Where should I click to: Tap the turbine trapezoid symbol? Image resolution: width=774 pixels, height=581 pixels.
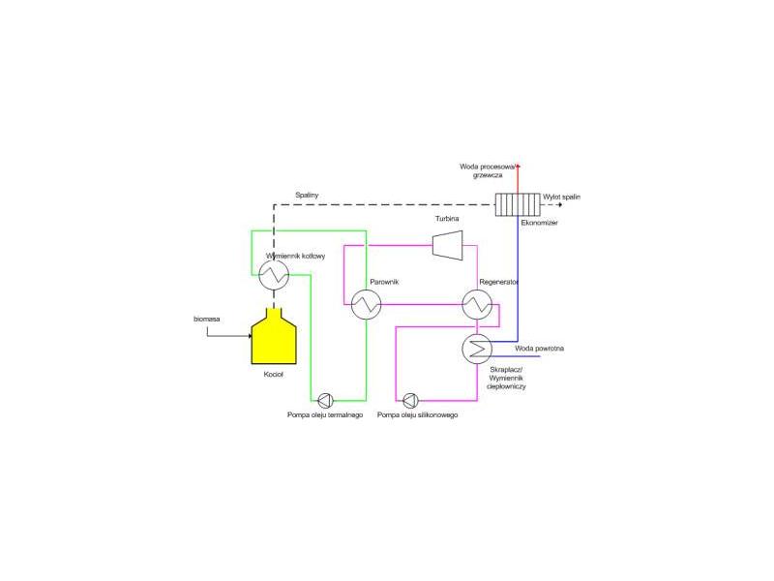point(448,245)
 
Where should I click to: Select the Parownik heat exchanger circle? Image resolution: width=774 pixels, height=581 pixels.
point(367,304)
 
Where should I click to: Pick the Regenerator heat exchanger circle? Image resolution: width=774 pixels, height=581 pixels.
point(477,304)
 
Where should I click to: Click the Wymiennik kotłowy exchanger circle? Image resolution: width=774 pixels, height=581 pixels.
point(274,275)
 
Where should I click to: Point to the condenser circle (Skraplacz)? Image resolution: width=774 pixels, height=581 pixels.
point(477,350)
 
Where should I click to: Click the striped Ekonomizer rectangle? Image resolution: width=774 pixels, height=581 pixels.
point(518,204)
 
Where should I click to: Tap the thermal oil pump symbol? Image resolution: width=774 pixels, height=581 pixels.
point(325,400)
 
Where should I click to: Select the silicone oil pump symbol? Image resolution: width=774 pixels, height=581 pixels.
point(410,400)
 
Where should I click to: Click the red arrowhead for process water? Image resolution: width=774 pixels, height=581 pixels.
point(518,167)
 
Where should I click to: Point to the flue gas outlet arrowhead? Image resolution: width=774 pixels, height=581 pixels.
point(560,204)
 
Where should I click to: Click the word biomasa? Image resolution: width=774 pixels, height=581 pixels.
point(207,320)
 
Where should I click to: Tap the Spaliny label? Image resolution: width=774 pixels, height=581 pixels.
point(307,196)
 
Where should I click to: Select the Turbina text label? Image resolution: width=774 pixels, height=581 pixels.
point(447,219)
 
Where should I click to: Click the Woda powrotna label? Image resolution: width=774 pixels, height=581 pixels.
point(540,349)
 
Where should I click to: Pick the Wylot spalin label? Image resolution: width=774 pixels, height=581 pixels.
point(562,197)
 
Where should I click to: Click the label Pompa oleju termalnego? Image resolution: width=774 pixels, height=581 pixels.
point(325,415)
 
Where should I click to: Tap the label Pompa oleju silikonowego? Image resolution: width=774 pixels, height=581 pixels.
point(418,415)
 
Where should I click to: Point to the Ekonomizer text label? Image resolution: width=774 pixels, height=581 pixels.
point(540,223)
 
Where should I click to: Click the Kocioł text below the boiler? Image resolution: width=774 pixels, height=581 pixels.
point(274,375)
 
